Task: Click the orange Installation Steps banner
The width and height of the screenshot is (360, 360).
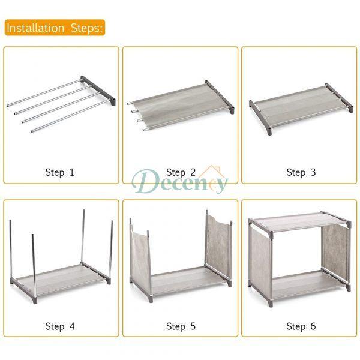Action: (55, 28)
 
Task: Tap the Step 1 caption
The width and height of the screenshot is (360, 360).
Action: (59, 172)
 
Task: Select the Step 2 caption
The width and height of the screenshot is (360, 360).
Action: (181, 172)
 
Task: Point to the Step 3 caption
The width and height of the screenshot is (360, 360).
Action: (301, 172)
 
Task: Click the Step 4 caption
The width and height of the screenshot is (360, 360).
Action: (60, 326)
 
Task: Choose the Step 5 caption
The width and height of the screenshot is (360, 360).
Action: (181, 326)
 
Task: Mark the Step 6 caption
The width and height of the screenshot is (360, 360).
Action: (301, 326)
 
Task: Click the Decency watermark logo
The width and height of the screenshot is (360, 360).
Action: (180, 182)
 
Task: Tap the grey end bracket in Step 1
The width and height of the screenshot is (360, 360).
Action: (98, 90)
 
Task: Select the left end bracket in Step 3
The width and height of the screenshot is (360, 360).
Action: (260, 117)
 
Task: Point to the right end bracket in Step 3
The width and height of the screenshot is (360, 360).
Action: (339, 97)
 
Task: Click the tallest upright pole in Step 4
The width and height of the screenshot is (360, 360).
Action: (83, 236)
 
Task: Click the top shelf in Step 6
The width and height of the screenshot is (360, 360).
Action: (299, 221)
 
